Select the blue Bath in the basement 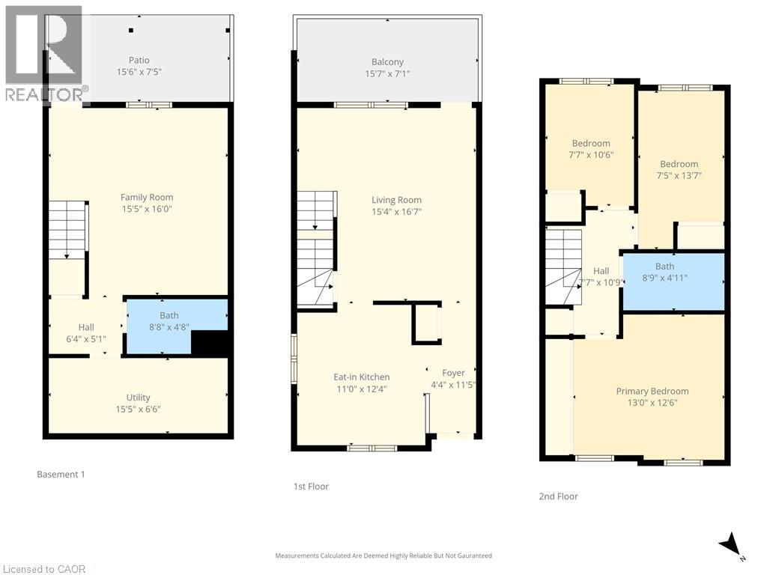click(x=169, y=322)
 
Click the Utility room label click(x=138, y=398)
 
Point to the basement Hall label click(x=86, y=327)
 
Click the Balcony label click(x=387, y=62)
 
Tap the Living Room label click(x=396, y=200)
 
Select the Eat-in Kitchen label click(x=361, y=377)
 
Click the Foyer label click(x=453, y=373)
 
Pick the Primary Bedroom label click(x=652, y=391)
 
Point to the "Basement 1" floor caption click(x=61, y=475)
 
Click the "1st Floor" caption click(x=311, y=487)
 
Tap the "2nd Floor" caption click(x=559, y=496)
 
